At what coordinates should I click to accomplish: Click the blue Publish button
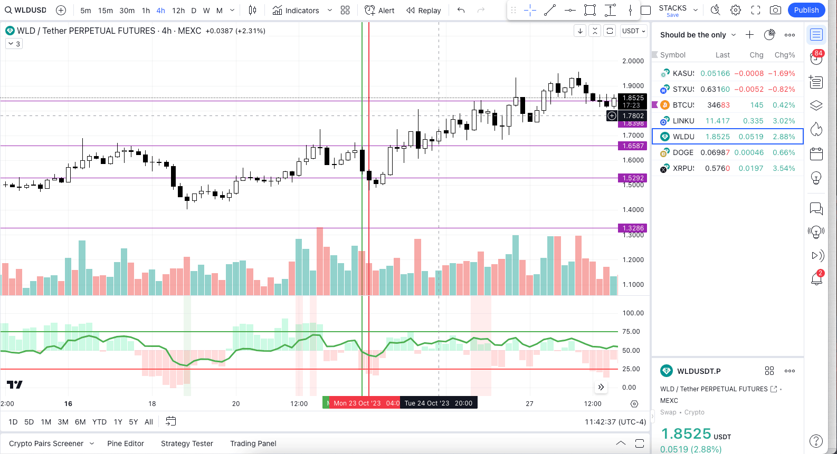(x=806, y=10)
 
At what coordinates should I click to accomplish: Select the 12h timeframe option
(x=178, y=11)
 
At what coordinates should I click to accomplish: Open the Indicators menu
(x=296, y=11)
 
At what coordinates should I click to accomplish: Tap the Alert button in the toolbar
(x=380, y=11)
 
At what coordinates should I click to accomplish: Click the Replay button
(x=424, y=11)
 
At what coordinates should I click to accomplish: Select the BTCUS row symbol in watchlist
(x=683, y=105)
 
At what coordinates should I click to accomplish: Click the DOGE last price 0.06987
(x=715, y=152)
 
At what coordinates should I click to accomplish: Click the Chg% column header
(x=784, y=55)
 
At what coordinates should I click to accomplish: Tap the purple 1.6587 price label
(x=633, y=146)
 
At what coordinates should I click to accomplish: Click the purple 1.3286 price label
(x=633, y=228)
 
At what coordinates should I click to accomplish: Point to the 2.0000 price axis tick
(x=633, y=61)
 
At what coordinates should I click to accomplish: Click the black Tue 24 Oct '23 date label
(x=438, y=403)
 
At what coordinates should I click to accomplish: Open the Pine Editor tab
(x=126, y=443)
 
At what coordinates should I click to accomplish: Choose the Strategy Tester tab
(x=187, y=443)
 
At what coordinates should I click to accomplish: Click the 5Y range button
(x=134, y=422)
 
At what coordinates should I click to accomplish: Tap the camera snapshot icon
(x=775, y=10)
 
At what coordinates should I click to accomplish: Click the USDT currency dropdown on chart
(x=633, y=31)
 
